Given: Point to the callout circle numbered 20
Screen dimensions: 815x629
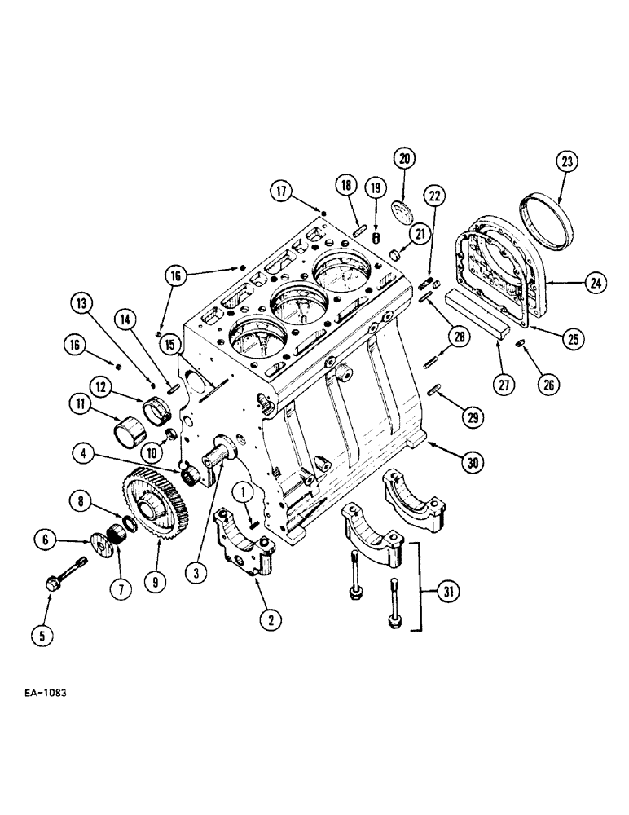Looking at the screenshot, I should pyautogui.click(x=406, y=158).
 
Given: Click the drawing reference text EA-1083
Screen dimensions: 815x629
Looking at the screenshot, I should pyautogui.click(x=40, y=694).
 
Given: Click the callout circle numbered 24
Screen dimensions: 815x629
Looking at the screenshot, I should pyautogui.click(x=596, y=284).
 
